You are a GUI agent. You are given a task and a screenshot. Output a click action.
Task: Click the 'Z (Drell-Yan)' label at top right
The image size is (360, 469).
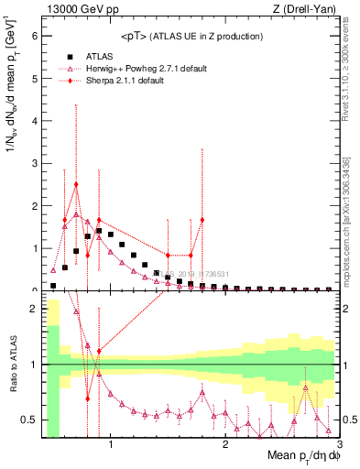pyautogui.click(x=308, y=9)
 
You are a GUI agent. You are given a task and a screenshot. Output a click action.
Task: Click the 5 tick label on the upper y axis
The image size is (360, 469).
pyautogui.click(x=35, y=79)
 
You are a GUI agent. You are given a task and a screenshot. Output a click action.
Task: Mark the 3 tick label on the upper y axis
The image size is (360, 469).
pyautogui.click(x=35, y=164)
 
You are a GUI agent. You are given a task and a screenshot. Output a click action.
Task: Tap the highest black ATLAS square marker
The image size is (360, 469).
pyautogui.click(x=99, y=231)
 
